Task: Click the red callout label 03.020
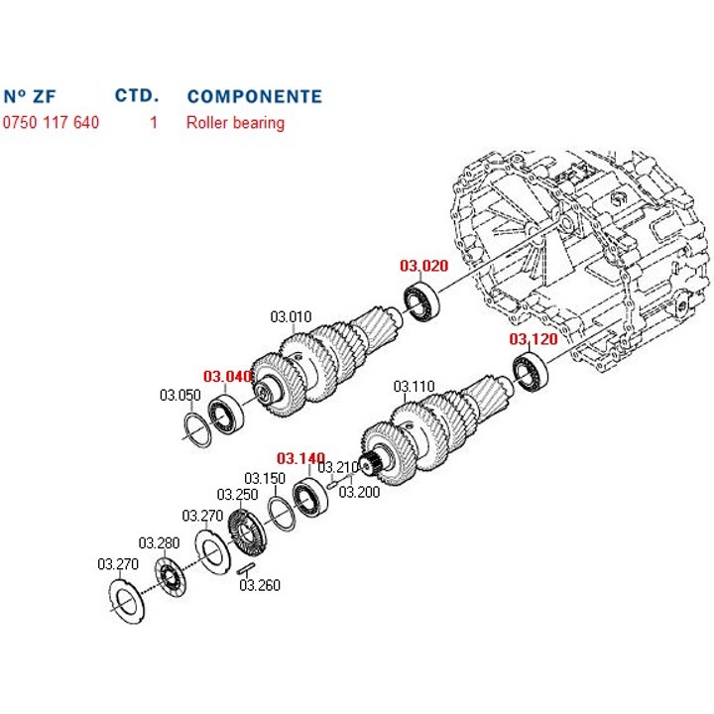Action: coord(424,266)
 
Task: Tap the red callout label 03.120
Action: coord(534,339)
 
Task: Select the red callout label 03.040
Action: coord(228,377)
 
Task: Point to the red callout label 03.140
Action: coord(300,458)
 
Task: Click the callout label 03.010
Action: coord(291,318)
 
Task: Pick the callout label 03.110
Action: coord(415,386)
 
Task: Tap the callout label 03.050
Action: coord(180,395)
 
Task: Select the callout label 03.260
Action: coord(260,585)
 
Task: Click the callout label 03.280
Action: coord(159,542)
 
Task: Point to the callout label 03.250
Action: coord(237,494)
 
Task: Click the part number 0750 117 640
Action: coord(52,123)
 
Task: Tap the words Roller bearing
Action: coord(235,123)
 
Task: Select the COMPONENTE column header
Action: coord(254,96)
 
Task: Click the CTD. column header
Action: coord(137,96)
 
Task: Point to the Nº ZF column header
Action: coord(30,96)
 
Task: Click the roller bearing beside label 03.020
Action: coord(420,301)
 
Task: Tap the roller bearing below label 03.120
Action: coord(532,374)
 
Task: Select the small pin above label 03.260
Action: coord(247,567)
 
